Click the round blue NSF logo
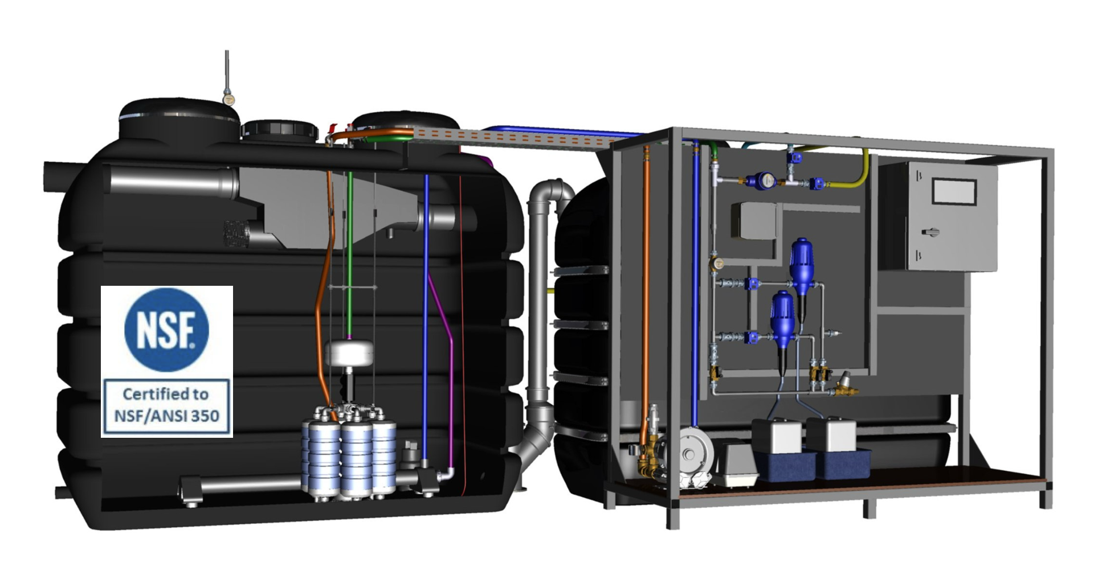(166, 330)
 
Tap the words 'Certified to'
(166, 394)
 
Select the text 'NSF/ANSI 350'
(166, 416)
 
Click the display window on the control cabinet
(954, 191)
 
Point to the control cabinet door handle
(930, 232)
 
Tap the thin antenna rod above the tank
(227, 71)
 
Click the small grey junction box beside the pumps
(753, 220)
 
